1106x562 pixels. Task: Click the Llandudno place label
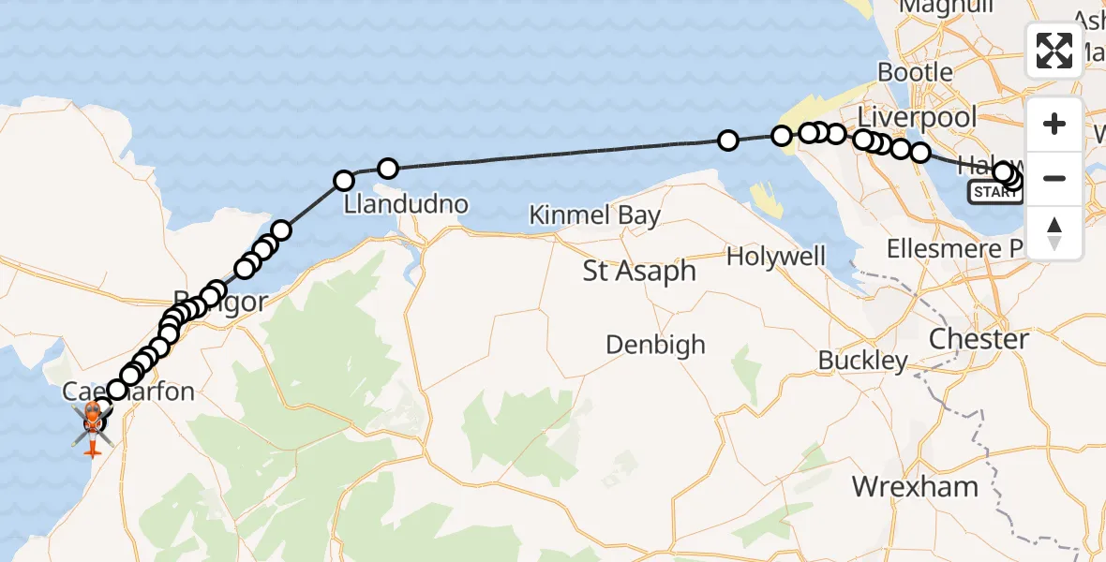point(406,203)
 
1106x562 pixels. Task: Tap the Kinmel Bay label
point(594,215)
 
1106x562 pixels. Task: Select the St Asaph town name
point(639,272)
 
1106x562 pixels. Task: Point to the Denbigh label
point(655,345)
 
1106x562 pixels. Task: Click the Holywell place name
point(776,257)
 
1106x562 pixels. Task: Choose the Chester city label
point(978,338)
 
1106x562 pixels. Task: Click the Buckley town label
point(862,361)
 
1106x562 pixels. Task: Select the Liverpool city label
point(917,118)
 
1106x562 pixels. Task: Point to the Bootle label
point(915,72)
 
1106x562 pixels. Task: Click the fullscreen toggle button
point(1054,50)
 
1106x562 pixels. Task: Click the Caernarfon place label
point(128,391)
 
